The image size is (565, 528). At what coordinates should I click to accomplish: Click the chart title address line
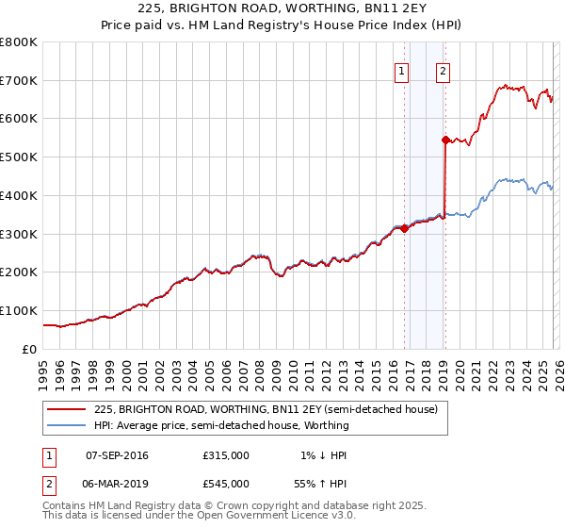click(282, 10)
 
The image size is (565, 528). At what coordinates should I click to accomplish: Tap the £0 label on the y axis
click(30, 349)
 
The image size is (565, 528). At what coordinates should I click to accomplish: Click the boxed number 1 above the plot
click(402, 69)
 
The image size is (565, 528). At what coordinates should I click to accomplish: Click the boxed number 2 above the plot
click(443, 69)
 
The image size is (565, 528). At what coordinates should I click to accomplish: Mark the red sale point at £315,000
click(404, 227)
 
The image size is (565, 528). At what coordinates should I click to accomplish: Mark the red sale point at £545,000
click(445, 140)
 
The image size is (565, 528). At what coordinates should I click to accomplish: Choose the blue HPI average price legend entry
click(221, 425)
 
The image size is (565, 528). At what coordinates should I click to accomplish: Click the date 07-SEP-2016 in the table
click(117, 455)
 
